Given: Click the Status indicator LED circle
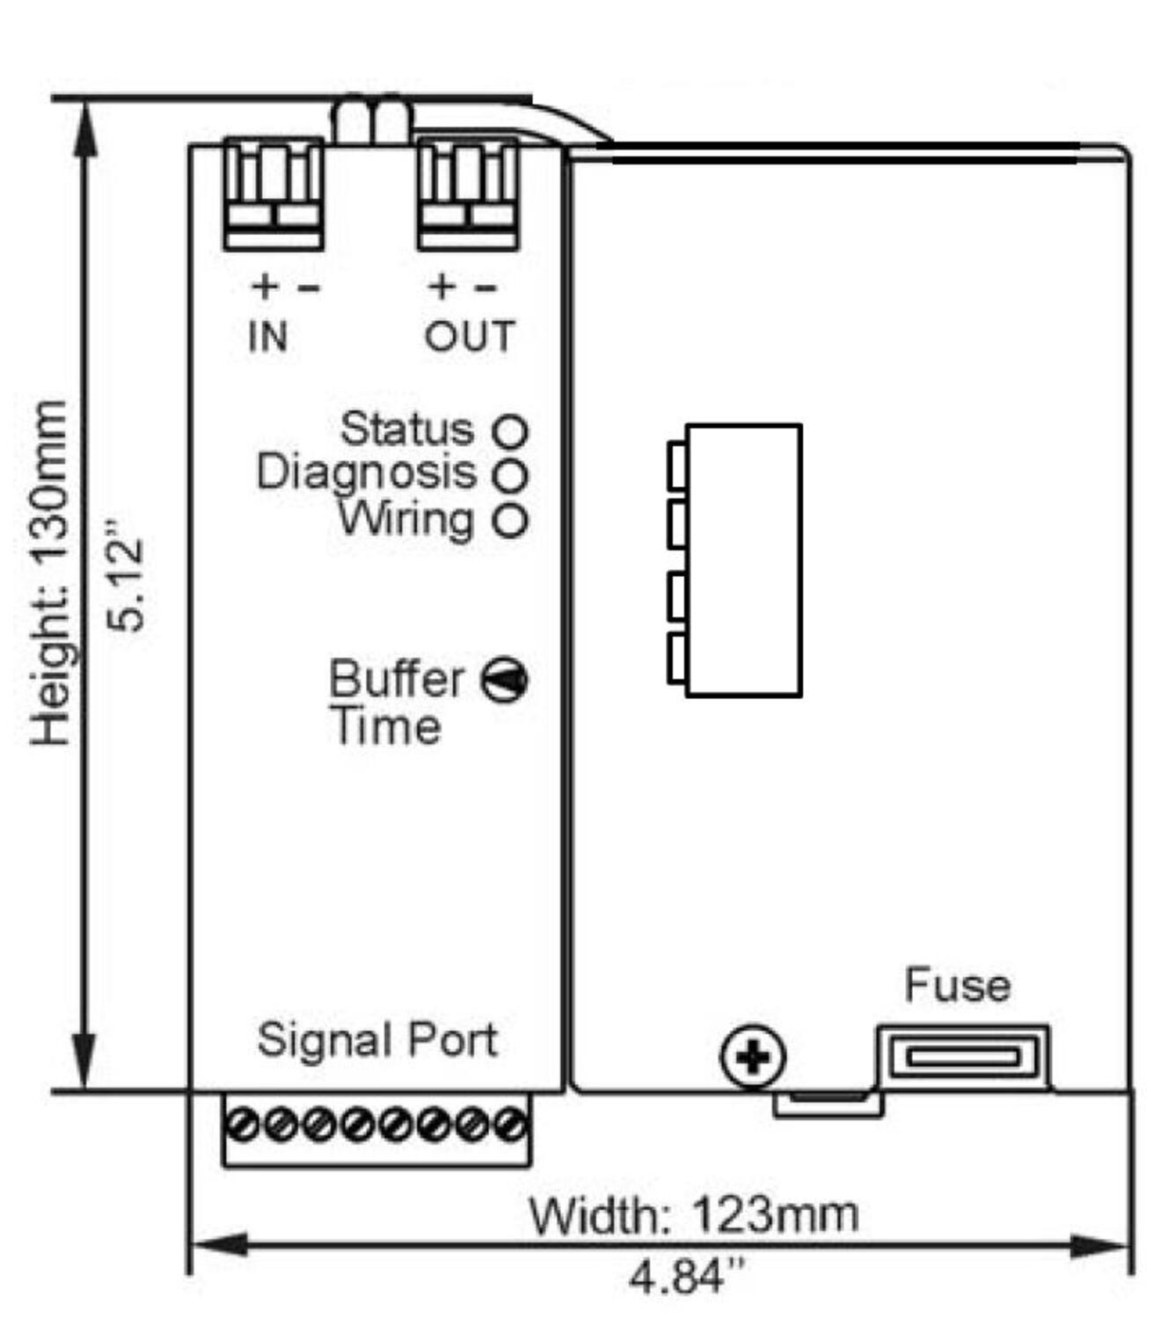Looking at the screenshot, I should (x=510, y=431).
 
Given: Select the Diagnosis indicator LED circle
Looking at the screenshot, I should (x=510, y=476).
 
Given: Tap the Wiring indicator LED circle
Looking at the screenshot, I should (x=510, y=520).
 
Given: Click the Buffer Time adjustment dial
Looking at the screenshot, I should (x=505, y=680).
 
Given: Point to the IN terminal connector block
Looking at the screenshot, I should (x=274, y=193).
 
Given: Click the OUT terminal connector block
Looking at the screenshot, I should (x=468, y=193).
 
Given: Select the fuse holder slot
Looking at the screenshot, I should (x=963, y=1056).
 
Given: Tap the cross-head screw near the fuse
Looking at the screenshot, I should (x=753, y=1056).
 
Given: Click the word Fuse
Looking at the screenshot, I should (x=957, y=985).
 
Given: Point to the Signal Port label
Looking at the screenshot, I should (x=377, y=1039).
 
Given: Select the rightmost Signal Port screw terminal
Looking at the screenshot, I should (x=509, y=1125).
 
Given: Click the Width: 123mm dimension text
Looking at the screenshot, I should (x=693, y=1215).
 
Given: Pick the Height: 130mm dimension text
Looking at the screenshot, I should (x=49, y=572).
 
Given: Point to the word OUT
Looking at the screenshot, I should (x=470, y=337).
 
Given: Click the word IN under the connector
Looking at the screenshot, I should (x=268, y=337).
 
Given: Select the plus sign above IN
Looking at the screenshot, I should (x=264, y=286).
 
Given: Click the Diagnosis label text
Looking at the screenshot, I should (x=366, y=472).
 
